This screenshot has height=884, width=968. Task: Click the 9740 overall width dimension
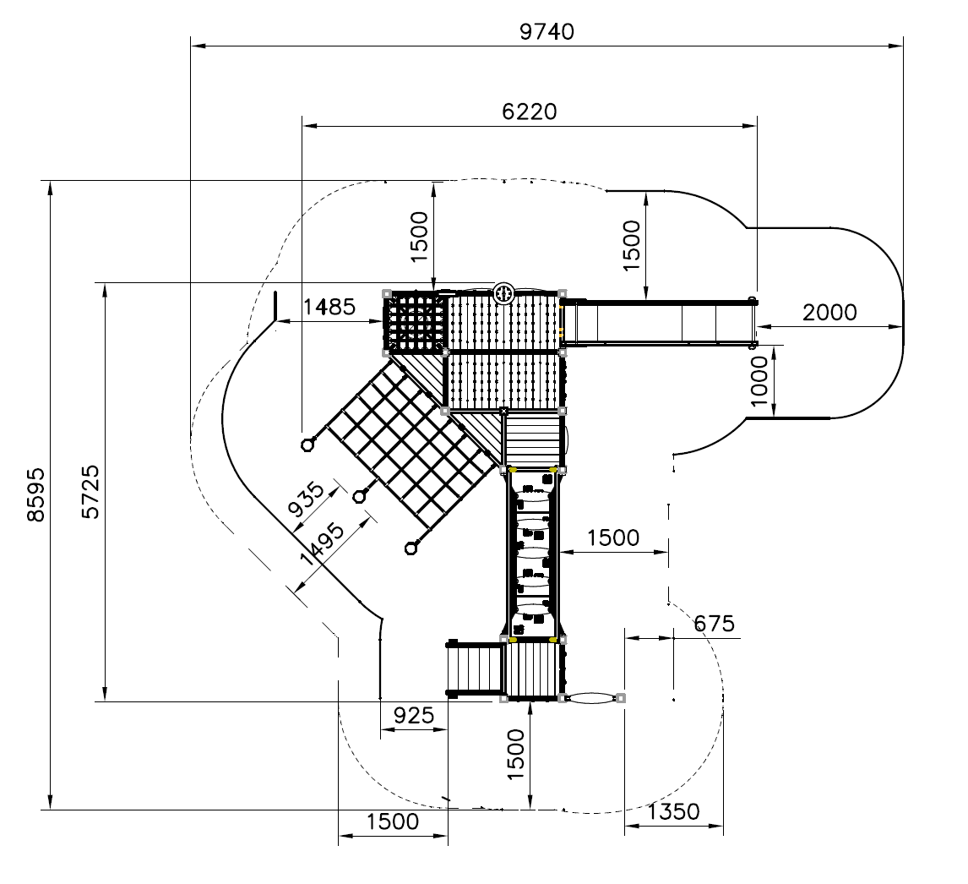pyautogui.click(x=547, y=31)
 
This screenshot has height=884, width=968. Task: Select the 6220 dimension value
pyautogui.click(x=529, y=112)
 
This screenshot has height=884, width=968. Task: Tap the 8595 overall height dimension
pyautogui.click(x=35, y=494)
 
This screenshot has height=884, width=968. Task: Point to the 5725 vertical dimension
pyautogui.click(x=90, y=493)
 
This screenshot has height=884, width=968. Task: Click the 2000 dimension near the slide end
pyautogui.click(x=829, y=313)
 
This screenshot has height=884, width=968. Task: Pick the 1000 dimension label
pyautogui.click(x=759, y=381)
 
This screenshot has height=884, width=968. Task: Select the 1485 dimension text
pyautogui.click(x=329, y=307)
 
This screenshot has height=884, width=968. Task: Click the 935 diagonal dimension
pyautogui.click(x=307, y=499)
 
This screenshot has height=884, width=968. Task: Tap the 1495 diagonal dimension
pyautogui.click(x=322, y=544)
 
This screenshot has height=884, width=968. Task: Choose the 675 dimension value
pyautogui.click(x=715, y=624)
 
